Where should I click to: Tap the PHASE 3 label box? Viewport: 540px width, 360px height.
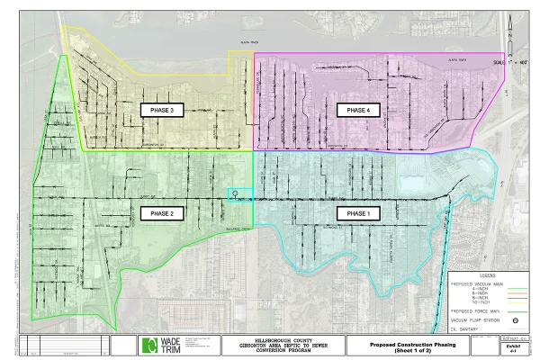(162, 110)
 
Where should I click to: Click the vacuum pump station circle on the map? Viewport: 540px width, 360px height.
(232, 193)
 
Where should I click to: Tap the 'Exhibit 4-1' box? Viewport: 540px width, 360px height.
(515, 346)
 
